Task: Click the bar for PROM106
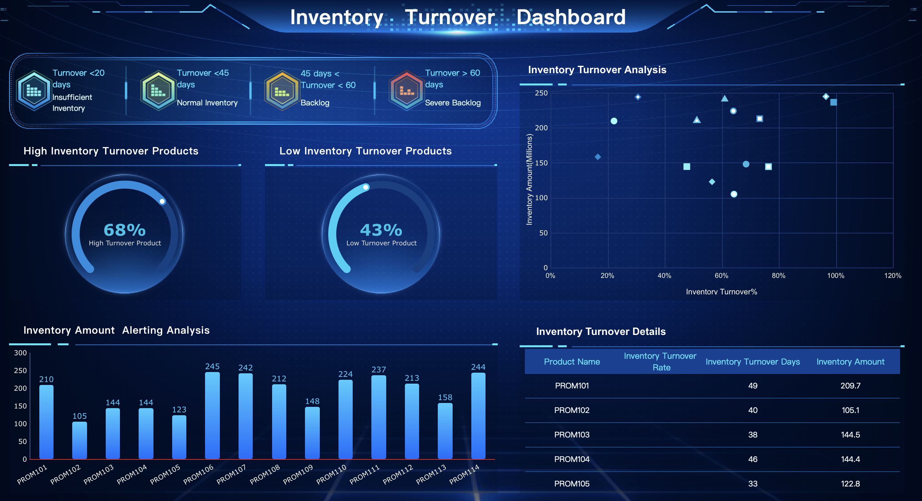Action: coord(212,415)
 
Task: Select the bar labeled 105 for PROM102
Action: coord(79,440)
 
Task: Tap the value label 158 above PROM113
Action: coord(445,397)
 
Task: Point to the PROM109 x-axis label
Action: coord(298,474)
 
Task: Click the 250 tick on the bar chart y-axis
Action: coord(20,370)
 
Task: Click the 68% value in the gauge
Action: coord(124,230)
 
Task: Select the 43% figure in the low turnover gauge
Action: coord(381,230)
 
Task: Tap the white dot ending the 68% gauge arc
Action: coord(162,201)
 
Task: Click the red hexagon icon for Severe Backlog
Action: coord(406,90)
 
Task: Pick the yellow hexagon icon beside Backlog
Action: coord(282,90)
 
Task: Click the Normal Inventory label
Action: coord(207,103)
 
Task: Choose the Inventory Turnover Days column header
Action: coord(752,362)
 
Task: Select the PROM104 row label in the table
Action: coord(572,459)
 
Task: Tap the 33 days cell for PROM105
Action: coord(752,484)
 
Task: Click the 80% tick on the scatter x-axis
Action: coord(778,276)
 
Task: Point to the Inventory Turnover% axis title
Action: coord(721,292)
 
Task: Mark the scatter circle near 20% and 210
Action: coord(614,121)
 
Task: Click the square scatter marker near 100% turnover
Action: coord(833,102)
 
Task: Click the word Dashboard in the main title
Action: coord(571,17)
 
